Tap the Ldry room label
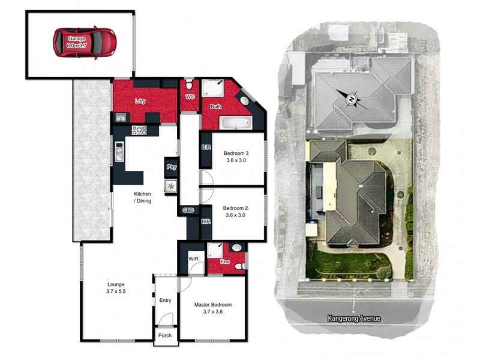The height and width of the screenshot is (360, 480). (x=140, y=101)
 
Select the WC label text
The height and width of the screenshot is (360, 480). (x=190, y=97)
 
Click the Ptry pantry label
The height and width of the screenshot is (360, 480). (x=171, y=167)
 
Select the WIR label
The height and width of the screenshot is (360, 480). (x=193, y=259)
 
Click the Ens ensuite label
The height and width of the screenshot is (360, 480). (x=224, y=262)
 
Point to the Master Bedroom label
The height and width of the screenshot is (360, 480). (x=212, y=308)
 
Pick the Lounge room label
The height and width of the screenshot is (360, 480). (x=116, y=287)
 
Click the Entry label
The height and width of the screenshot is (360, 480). (x=165, y=301)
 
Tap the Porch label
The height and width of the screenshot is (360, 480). (x=164, y=335)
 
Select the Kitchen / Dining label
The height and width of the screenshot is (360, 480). (x=142, y=197)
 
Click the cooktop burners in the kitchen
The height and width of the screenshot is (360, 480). (x=139, y=130)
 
